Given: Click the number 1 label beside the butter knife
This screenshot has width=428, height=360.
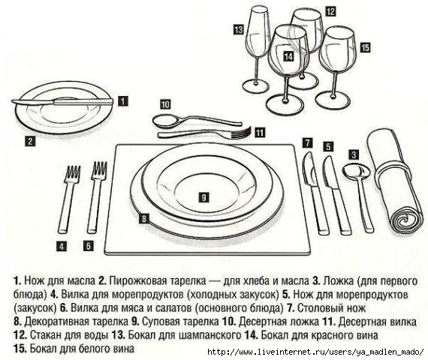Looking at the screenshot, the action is (123, 101).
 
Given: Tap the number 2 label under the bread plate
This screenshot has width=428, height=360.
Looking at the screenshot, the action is (30, 141).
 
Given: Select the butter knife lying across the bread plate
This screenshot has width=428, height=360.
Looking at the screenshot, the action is (62, 102).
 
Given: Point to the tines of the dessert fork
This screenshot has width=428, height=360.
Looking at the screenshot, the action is (241, 132).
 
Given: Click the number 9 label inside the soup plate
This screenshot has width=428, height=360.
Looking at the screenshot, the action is (204, 197).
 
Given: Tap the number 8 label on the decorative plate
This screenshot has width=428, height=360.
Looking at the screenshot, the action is (144, 218).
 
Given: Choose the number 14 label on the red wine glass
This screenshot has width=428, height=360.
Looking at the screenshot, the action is (288, 57).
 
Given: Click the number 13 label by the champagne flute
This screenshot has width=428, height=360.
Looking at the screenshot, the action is (238, 29).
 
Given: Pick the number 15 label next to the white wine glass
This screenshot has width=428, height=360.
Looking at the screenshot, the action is (365, 47).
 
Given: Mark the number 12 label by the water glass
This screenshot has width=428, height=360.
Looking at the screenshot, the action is (330, 12).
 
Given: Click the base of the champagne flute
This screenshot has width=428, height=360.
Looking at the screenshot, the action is (255, 86).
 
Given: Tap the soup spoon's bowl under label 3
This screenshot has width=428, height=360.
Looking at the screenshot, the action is (356, 171).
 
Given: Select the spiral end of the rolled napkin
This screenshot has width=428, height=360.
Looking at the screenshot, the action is (405, 220).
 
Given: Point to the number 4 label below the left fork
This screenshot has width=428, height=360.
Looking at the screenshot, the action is (62, 246).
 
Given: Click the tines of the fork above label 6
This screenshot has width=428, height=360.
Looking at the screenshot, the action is (99, 170).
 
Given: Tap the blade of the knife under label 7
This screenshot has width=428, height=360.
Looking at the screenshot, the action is (309, 169).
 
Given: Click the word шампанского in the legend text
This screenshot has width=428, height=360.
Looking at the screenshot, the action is (210, 335).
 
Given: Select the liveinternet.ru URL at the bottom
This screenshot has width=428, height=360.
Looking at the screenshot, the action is (315, 352).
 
